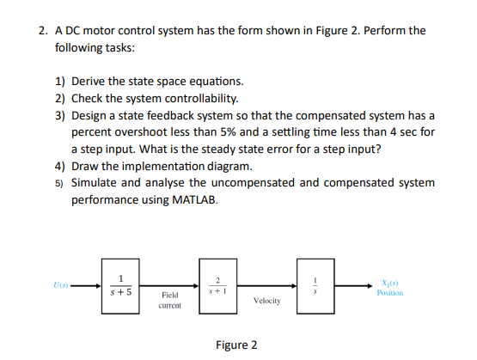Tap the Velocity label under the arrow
pyautogui.click(x=267, y=301)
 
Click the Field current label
pyautogui.click(x=169, y=300)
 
